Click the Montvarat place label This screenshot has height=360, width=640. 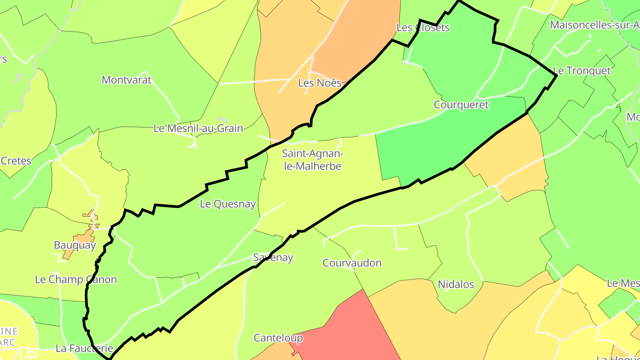coord(127,80)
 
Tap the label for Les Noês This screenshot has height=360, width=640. coord(320,83)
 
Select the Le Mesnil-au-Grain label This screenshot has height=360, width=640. coord(198,128)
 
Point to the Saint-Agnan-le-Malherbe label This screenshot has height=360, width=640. coord(312,160)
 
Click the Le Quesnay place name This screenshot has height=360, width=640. coord(228,204)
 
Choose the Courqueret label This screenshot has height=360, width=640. coord(461,105)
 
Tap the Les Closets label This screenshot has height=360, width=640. coord(423,28)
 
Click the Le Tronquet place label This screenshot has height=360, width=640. coord(581,71)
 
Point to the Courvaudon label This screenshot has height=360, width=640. coord(352,263)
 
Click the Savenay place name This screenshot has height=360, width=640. coord(273,257)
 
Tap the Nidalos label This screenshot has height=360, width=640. coord(456,284)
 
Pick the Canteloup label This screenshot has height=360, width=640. coord(278,338)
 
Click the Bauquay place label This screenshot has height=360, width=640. coord(75,245)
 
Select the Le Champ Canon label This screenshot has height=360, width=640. coord(76,280)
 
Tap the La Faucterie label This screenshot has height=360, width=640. coord(84,348)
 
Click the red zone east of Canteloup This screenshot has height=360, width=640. coord(351,329)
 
